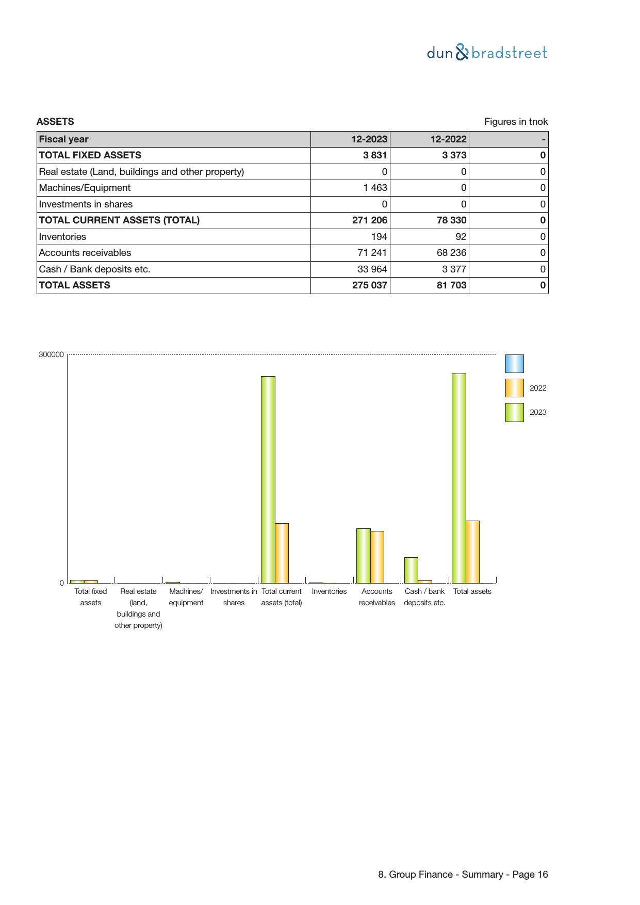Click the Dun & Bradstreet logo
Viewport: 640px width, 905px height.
(x=487, y=53)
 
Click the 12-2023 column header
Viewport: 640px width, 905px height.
(x=369, y=139)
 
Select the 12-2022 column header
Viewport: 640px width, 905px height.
(x=448, y=139)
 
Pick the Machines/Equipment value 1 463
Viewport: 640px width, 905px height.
(x=375, y=188)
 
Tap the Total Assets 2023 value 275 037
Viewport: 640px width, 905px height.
(x=369, y=285)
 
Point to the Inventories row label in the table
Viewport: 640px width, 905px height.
(x=62, y=237)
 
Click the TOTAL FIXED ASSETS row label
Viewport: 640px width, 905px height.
(x=90, y=155)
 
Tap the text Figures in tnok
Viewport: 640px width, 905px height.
(x=516, y=122)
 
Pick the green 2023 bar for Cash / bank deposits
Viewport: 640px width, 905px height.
(x=411, y=570)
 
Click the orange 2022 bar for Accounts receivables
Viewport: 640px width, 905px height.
(x=377, y=557)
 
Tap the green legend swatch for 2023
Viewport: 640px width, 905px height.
(x=514, y=412)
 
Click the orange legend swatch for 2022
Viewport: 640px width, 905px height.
(x=514, y=388)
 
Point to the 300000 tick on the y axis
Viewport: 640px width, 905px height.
(x=51, y=354)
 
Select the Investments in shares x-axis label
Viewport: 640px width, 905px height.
(x=234, y=597)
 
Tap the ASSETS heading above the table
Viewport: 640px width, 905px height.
(x=55, y=122)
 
